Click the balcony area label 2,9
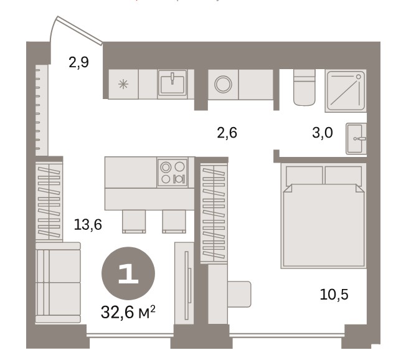click(x=78, y=63)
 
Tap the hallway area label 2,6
click(x=227, y=133)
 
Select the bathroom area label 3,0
click(x=323, y=133)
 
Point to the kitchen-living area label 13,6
click(x=88, y=225)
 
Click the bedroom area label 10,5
click(x=334, y=295)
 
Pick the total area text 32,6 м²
click(x=128, y=312)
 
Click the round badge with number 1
click(x=128, y=273)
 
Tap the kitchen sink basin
click(x=172, y=84)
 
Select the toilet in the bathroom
click(x=304, y=88)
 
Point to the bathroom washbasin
click(x=356, y=138)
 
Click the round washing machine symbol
click(x=223, y=84)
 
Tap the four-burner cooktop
click(x=172, y=173)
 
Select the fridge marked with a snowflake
click(x=123, y=84)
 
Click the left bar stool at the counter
click(x=134, y=222)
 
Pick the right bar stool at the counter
click(x=174, y=222)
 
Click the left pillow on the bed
click(x=304, y=176)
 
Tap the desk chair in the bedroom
click(x=239, y=294)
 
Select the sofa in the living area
click(x=58, y=283)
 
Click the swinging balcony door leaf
click(x=79, y=31)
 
